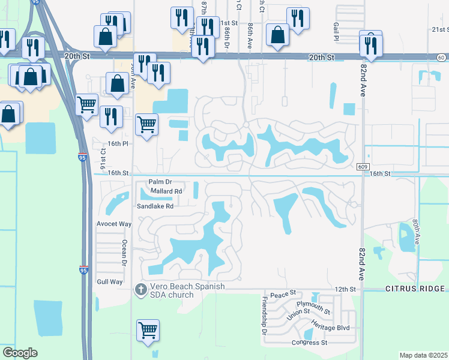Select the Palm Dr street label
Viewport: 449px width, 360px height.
[160, 182]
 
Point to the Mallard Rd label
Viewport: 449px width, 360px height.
[166, 191]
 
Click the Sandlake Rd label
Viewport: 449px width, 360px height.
[155, 206]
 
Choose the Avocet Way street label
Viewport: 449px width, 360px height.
[114, 224]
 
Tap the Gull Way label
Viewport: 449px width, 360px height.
[109, 281]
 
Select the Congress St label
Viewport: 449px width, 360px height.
[309, 343]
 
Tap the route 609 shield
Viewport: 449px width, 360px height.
[361, 166]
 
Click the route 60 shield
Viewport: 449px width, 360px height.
[441, 57]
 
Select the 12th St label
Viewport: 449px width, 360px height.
[345, 289]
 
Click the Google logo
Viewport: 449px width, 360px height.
[20, 353]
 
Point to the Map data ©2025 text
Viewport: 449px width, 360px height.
[423, 355]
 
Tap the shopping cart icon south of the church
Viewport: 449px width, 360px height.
[148, 330]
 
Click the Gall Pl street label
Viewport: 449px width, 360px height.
[336, 28]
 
